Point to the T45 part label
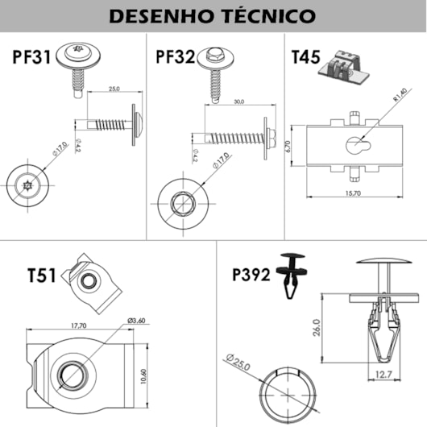305,57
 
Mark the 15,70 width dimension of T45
353,193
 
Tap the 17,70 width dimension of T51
77,325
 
